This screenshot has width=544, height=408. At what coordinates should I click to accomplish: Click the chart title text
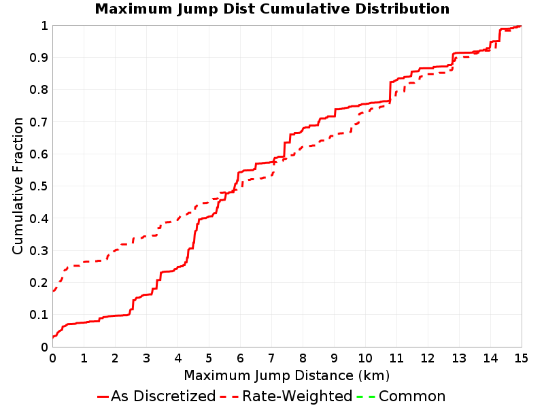click(x=272, y=9)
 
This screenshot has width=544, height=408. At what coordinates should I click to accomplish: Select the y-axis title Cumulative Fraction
click(x=18, y=186)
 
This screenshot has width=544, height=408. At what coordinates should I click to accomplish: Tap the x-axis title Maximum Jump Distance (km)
click(x=286, y=375)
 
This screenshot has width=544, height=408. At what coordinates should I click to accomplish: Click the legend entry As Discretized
click(x=163, y=396)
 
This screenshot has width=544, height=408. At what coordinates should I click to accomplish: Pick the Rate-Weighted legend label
click(x=297, y=396)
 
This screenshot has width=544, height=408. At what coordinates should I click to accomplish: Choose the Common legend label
click(x=412, y=396)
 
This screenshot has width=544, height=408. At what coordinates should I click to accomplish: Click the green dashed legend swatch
click(x=366, y=396)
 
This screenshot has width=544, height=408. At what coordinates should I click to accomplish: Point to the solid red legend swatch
click(x=103, y=396)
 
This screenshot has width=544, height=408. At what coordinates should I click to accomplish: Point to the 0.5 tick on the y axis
click(x=39, y=186)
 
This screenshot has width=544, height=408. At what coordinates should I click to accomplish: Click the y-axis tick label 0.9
click(x=39, y=58)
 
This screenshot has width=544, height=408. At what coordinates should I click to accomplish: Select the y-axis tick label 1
click(x=44, y=26)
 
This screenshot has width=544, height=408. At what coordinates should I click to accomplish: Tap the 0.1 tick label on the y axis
click(x=39, y=315)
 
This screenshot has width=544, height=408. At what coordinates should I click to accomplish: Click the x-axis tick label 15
click(x=521, y=358)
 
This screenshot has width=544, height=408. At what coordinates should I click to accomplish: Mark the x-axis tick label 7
click(x=271, y=358)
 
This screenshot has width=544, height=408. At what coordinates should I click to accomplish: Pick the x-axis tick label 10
click(x=365, y=358)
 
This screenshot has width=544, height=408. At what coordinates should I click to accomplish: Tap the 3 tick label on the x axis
click(x=146, y=358)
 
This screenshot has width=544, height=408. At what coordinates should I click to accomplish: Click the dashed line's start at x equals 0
click(x=53, y=291)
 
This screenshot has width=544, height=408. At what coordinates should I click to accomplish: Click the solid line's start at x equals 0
click(x=53, y=337)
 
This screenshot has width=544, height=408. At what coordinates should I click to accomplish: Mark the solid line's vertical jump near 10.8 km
click(x=390, y=92)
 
